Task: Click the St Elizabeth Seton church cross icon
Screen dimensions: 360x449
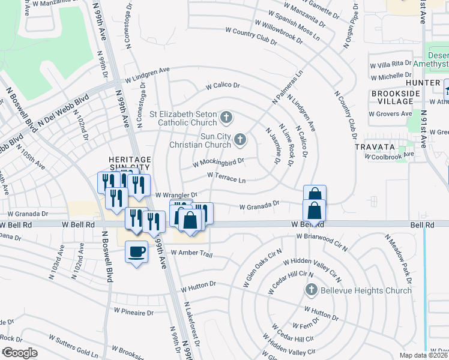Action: (226, 117)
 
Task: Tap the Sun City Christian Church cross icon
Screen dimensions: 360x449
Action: (240, 140)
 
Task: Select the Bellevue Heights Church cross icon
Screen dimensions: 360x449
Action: (311, 290)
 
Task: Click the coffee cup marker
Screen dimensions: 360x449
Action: (136, 250)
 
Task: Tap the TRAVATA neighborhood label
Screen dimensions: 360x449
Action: (373, 146)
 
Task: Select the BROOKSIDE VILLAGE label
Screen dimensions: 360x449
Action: (394, 98)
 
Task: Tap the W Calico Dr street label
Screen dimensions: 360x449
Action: (223, 86)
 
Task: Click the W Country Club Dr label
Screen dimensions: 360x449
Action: (252, 37)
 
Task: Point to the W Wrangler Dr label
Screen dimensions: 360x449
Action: (176, 195)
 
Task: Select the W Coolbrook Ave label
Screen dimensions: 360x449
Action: (391, 155)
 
